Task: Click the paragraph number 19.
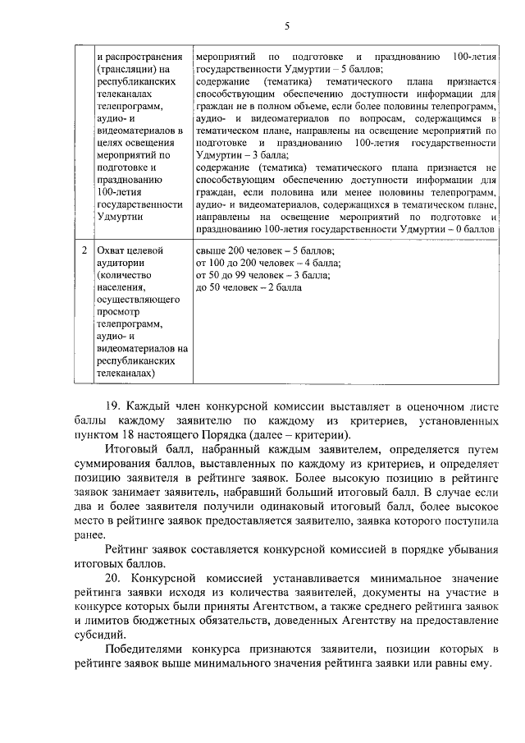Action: (x=114, y=405)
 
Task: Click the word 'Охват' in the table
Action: (x=112, y=250)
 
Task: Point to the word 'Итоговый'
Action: (x=130, y=447)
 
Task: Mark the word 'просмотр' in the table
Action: (x=119, y=313)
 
